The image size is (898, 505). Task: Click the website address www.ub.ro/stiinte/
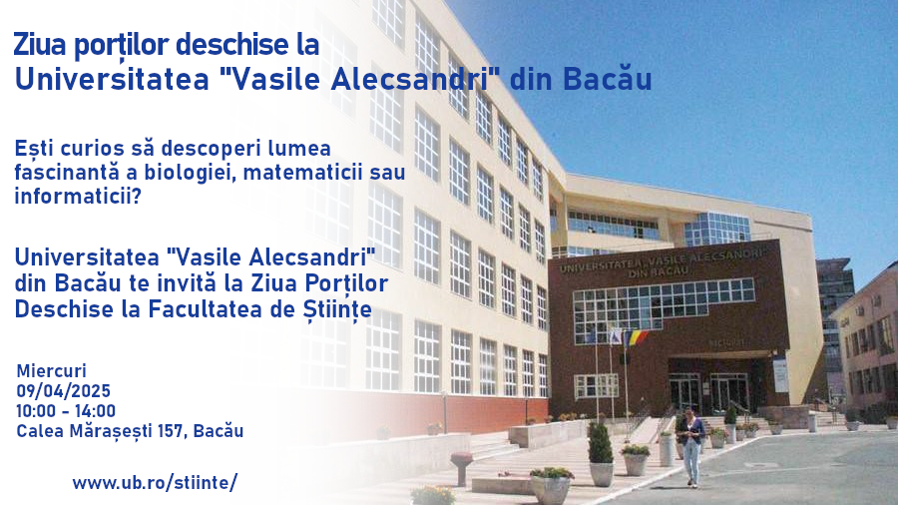click(155, 483)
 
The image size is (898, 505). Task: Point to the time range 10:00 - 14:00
click(66, 410)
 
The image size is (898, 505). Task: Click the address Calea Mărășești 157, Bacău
click(130, 431)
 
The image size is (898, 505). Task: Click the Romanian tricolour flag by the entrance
click(636, 338)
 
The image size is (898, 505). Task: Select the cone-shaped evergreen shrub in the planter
click(600, 444)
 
